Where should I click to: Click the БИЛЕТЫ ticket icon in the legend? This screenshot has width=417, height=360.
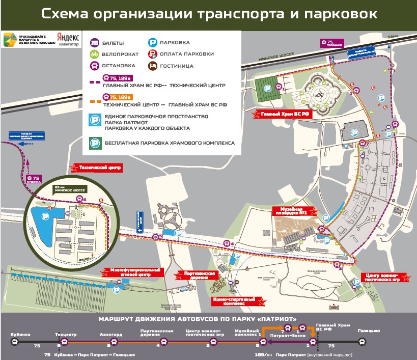point(94,43)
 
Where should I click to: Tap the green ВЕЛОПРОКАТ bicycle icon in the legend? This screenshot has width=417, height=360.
point(94,54)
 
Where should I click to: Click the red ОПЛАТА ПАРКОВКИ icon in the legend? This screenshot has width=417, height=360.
point(151,54)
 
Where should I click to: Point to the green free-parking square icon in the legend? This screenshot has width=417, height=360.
point(94,143)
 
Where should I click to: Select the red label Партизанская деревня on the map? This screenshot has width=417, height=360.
point(198,275)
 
